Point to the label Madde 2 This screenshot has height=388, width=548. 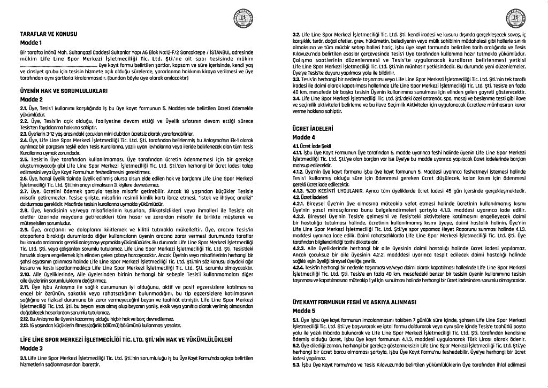[29, 99]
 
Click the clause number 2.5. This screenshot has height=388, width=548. [24, 159]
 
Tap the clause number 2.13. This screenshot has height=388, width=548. [24, 325]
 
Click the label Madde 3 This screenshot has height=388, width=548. [29, 348]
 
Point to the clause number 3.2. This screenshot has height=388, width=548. [296, 35]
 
